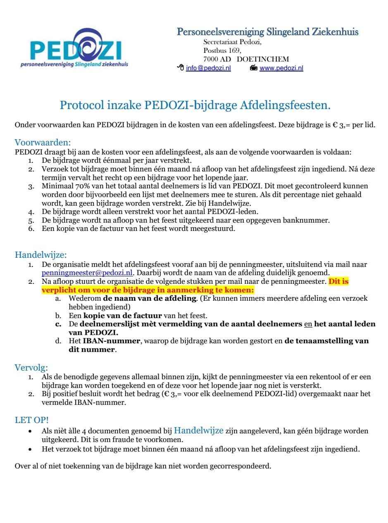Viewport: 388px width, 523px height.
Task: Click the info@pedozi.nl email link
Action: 208,68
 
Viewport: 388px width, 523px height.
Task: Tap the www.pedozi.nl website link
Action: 281,68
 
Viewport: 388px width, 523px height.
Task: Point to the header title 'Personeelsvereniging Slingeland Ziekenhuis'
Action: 267,32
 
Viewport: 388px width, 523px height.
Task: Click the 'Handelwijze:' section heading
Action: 40,254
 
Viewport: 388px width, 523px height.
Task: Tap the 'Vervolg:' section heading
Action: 31,367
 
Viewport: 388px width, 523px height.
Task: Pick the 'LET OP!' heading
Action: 32,420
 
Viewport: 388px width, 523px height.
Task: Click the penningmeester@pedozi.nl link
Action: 87,273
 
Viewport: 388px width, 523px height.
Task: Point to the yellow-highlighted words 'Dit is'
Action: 338,281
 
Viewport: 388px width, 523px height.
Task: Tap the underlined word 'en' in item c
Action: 308,324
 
